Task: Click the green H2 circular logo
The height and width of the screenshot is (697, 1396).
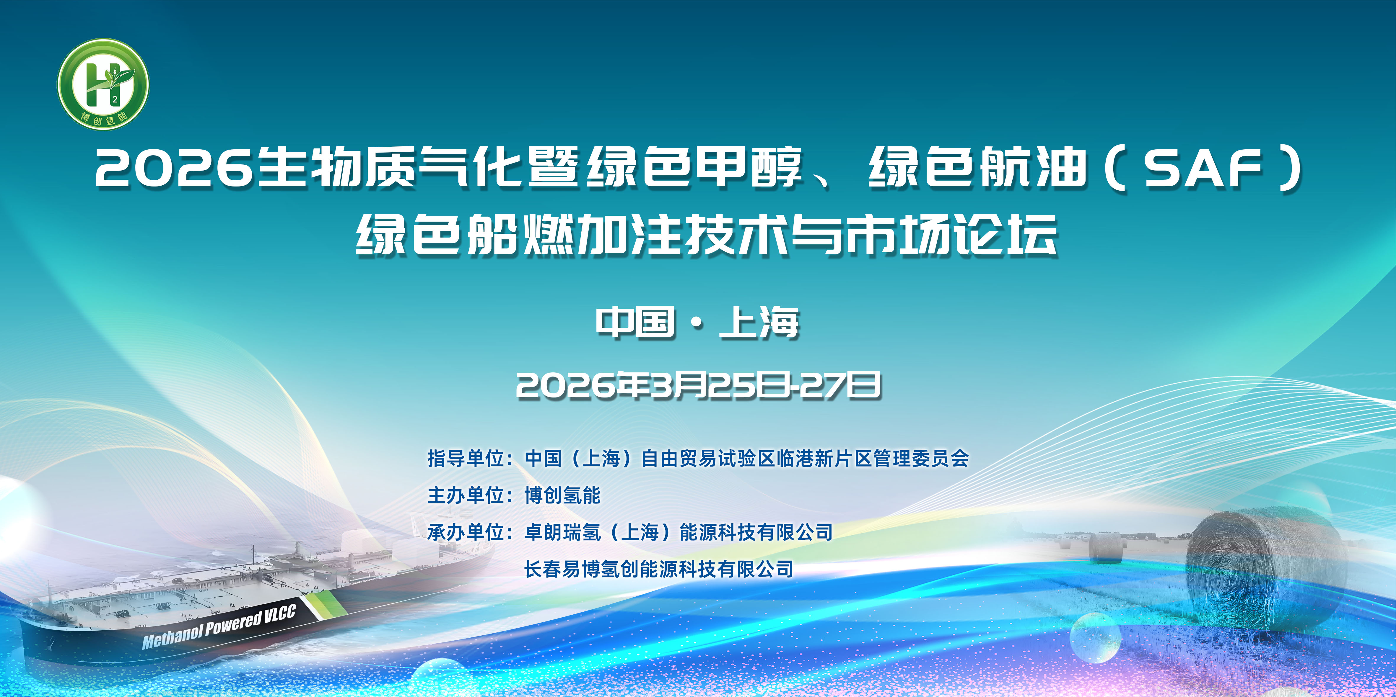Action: coord(103,84)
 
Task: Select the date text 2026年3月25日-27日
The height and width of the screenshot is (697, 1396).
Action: coord(698,386)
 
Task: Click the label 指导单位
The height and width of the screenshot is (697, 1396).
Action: coord(466,459)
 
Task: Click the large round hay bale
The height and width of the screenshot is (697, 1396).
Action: coord(1265,569)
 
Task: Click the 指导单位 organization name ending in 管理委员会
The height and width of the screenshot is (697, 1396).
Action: coord(747,459)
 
